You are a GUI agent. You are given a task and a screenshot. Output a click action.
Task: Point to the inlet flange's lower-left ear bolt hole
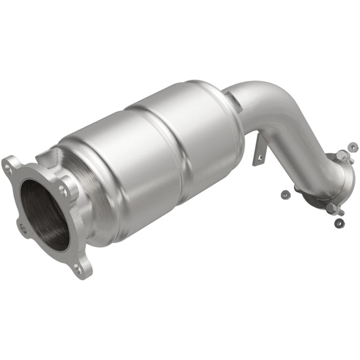click(x=22, y=229)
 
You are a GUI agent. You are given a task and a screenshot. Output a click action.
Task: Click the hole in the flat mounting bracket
click(x=260, y=157)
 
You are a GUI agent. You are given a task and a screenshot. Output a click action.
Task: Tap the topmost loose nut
click(x=353, y=147)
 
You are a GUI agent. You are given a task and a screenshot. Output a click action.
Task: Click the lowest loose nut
click(x=339, y=223)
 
